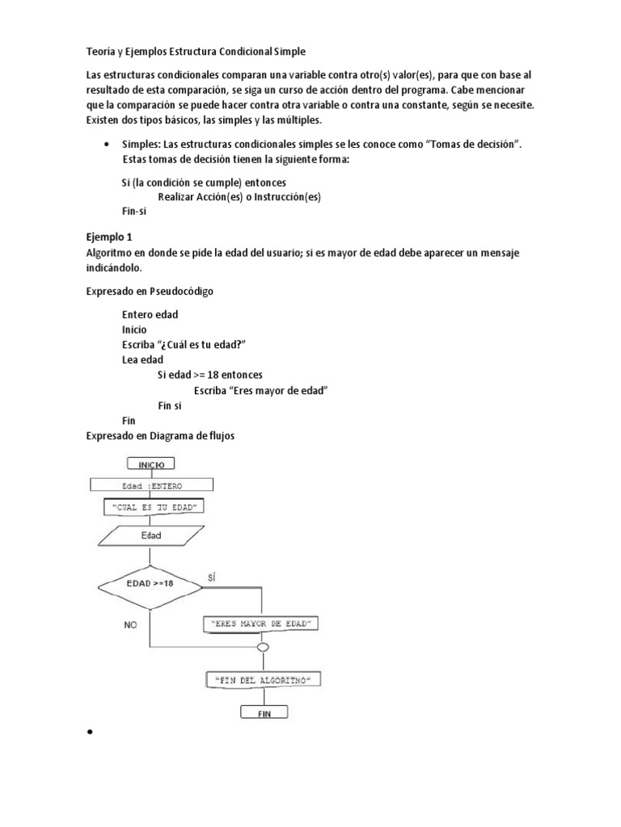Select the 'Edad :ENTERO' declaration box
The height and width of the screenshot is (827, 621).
click(151, 486)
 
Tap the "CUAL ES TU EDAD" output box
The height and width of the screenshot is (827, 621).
click(151, 507)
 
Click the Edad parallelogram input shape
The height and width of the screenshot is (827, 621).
click(151, 535)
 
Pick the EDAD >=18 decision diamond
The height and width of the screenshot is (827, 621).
click(150, 583)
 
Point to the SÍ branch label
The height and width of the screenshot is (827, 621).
click(213, 577)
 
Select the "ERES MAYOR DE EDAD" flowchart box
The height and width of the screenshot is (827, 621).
click(262, 624)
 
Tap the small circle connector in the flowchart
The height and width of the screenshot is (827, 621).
click(262, 647)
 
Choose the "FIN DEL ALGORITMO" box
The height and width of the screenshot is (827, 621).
click(262, 681)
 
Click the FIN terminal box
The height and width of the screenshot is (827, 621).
click(264, 714)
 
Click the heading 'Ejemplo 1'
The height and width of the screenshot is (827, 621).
click(108, 237)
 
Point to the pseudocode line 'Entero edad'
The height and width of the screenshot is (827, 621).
click(150, 314)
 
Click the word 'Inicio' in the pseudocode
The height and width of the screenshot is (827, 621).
click(134, 330)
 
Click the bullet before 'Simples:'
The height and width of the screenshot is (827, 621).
click(108, 144)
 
